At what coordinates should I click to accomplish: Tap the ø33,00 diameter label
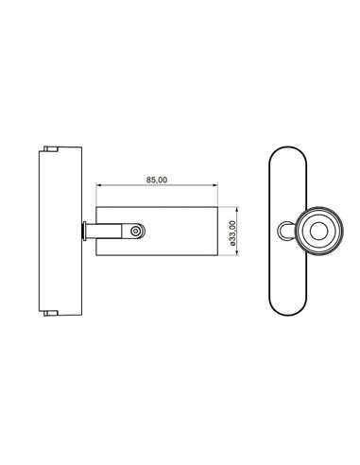tap(232, 232)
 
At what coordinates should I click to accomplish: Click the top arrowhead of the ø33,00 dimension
tap(224, 205)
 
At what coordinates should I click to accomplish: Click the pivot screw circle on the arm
tap(138, 230)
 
